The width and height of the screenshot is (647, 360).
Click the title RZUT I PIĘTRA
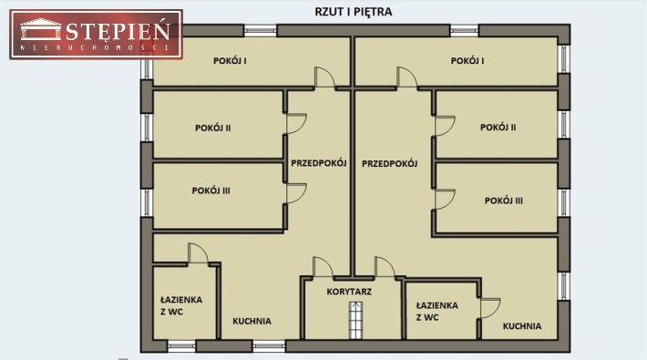[x=354, y=12]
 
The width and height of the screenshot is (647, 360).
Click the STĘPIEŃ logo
[x=97, y=35]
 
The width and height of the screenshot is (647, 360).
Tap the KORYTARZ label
[x=349, y=292]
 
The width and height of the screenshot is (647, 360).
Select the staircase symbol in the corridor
[x=355, y=321]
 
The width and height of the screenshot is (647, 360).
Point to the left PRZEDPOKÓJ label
[x=319, y=162]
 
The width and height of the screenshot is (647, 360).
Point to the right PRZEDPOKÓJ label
[x=389, y=163]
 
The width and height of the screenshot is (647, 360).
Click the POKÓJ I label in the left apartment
[x=230, y=61]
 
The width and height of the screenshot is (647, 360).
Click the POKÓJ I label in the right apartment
[x=467, y=61]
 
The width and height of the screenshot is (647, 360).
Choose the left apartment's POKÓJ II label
[x=213, y=128]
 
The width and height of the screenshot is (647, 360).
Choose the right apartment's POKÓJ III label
[x=503, y=201]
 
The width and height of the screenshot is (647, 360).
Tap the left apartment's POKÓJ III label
[x=211, y=190]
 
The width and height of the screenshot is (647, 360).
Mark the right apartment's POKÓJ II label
[x=498, y=128]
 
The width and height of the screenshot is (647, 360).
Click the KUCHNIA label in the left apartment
[x=252, y=321]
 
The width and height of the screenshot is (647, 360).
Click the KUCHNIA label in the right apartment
[x=522, y=325]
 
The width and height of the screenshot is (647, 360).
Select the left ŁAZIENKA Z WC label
[x=181, y=305]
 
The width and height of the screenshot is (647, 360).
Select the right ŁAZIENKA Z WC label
[x=437, y=312]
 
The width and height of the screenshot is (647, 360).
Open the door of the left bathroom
[x=198, y=253]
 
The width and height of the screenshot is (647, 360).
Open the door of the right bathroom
[x=490, y=308]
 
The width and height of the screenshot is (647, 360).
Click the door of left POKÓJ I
[x=324, y=77]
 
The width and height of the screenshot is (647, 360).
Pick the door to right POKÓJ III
[x=446, y=200]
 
